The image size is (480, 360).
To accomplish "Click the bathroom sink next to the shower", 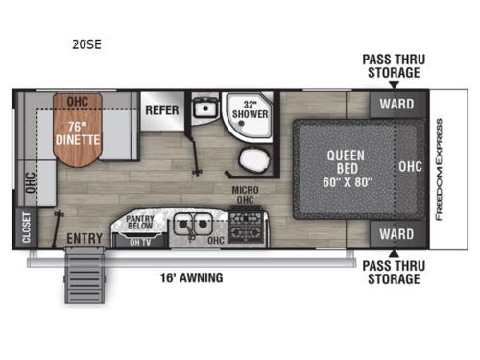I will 203,109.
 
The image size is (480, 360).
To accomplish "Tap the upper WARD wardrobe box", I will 396,104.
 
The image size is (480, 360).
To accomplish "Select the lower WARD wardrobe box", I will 396,233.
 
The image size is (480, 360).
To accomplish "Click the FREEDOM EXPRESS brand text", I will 440,169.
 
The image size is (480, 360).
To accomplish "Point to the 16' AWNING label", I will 191,278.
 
